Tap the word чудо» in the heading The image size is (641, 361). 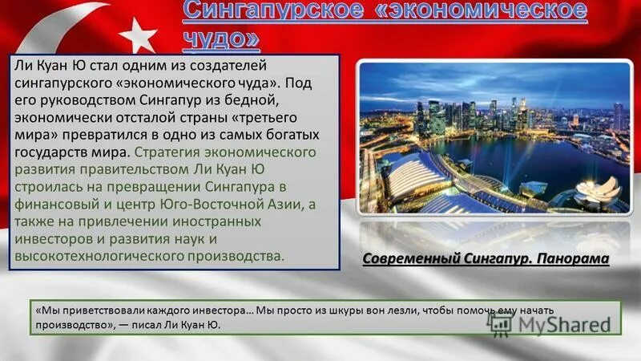(219, 38)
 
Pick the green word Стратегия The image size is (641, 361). (167, 152)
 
